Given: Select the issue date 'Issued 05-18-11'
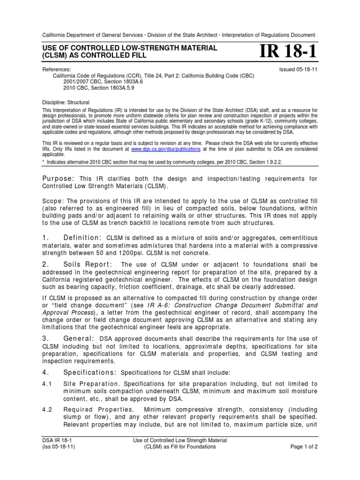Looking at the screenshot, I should [297, 69].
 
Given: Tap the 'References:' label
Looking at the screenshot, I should [57, 69].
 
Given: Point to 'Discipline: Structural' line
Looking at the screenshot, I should [66, 102].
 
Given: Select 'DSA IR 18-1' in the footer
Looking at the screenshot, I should [58, 440].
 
